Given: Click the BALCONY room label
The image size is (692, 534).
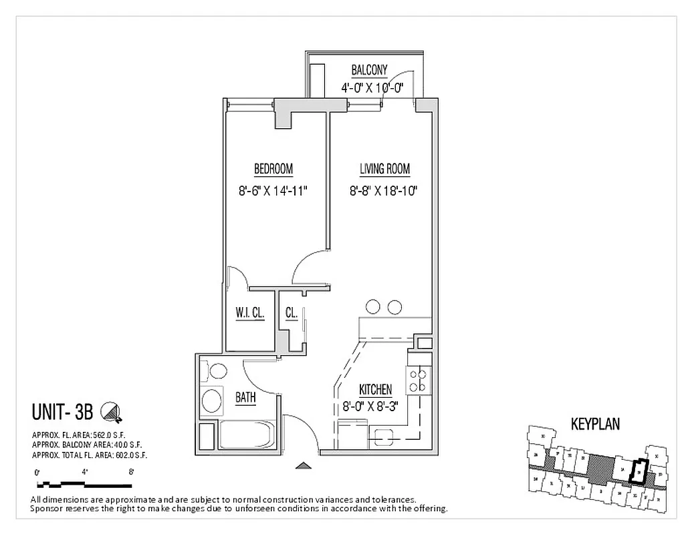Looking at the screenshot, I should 369,70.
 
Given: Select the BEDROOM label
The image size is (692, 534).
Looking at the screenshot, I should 273,169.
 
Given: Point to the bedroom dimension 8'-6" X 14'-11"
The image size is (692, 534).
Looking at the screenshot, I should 273,192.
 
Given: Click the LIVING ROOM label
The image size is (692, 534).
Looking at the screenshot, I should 384,169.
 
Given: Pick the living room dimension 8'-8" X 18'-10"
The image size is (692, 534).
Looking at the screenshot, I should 384,192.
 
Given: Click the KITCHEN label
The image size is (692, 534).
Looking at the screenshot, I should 375,389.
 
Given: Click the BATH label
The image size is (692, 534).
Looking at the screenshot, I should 245,398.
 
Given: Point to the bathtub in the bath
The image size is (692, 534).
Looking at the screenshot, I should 245,435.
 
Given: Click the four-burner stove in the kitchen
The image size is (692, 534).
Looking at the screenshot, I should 418,380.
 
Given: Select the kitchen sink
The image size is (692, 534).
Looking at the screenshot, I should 386,437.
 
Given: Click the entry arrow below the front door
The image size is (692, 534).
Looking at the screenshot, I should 303,466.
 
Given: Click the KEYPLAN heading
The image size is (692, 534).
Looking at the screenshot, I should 595,423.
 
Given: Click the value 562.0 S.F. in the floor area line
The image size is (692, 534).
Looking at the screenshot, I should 108,434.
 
